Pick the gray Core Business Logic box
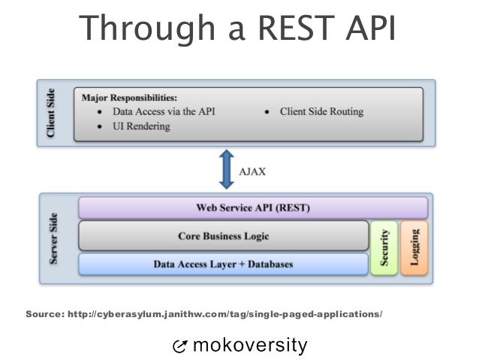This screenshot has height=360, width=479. pyautogui.click(x=223, y=236)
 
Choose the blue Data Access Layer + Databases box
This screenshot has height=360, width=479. pyautogui.click(x=223, y=264)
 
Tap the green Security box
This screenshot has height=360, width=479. pyautogui.click(x=384, y=247)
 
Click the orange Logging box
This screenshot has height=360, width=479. pyautogui.click(x=414, y=247)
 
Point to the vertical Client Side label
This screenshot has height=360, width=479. pyautogui.click(x=51, y=114)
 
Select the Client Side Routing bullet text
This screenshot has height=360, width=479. pyautogui.click(x=321, y=111)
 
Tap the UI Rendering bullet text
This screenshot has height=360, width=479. pyautogui.click(x=141, y=126)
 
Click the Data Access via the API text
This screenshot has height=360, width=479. pyautogui.click(x=163, y=111)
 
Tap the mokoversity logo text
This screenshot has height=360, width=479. pyautogui.click(x=250, y=345)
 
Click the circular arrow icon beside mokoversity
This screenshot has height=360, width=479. pyautogui.click(x=180, y=346)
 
